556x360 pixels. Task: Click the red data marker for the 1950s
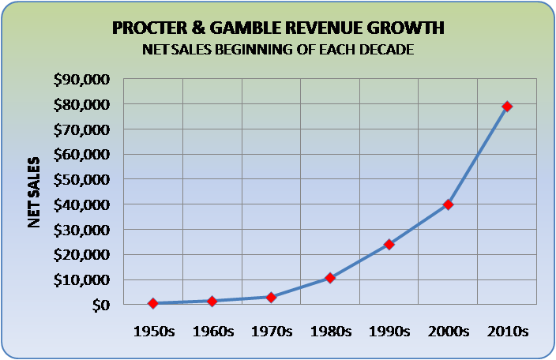point(152,303)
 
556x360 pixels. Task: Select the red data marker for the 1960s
point(212,301)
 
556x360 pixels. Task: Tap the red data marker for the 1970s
point(271,297)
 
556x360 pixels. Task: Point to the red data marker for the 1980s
point(330,278)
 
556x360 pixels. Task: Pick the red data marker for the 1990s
point(389,244)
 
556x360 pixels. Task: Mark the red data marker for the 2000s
point(448,204)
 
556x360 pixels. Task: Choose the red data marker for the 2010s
point(507,106)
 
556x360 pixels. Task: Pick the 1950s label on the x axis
point(152,331)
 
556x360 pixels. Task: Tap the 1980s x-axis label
point(330,331)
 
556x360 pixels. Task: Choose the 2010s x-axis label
point(507,331)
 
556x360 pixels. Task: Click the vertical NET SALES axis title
point(34,192)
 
